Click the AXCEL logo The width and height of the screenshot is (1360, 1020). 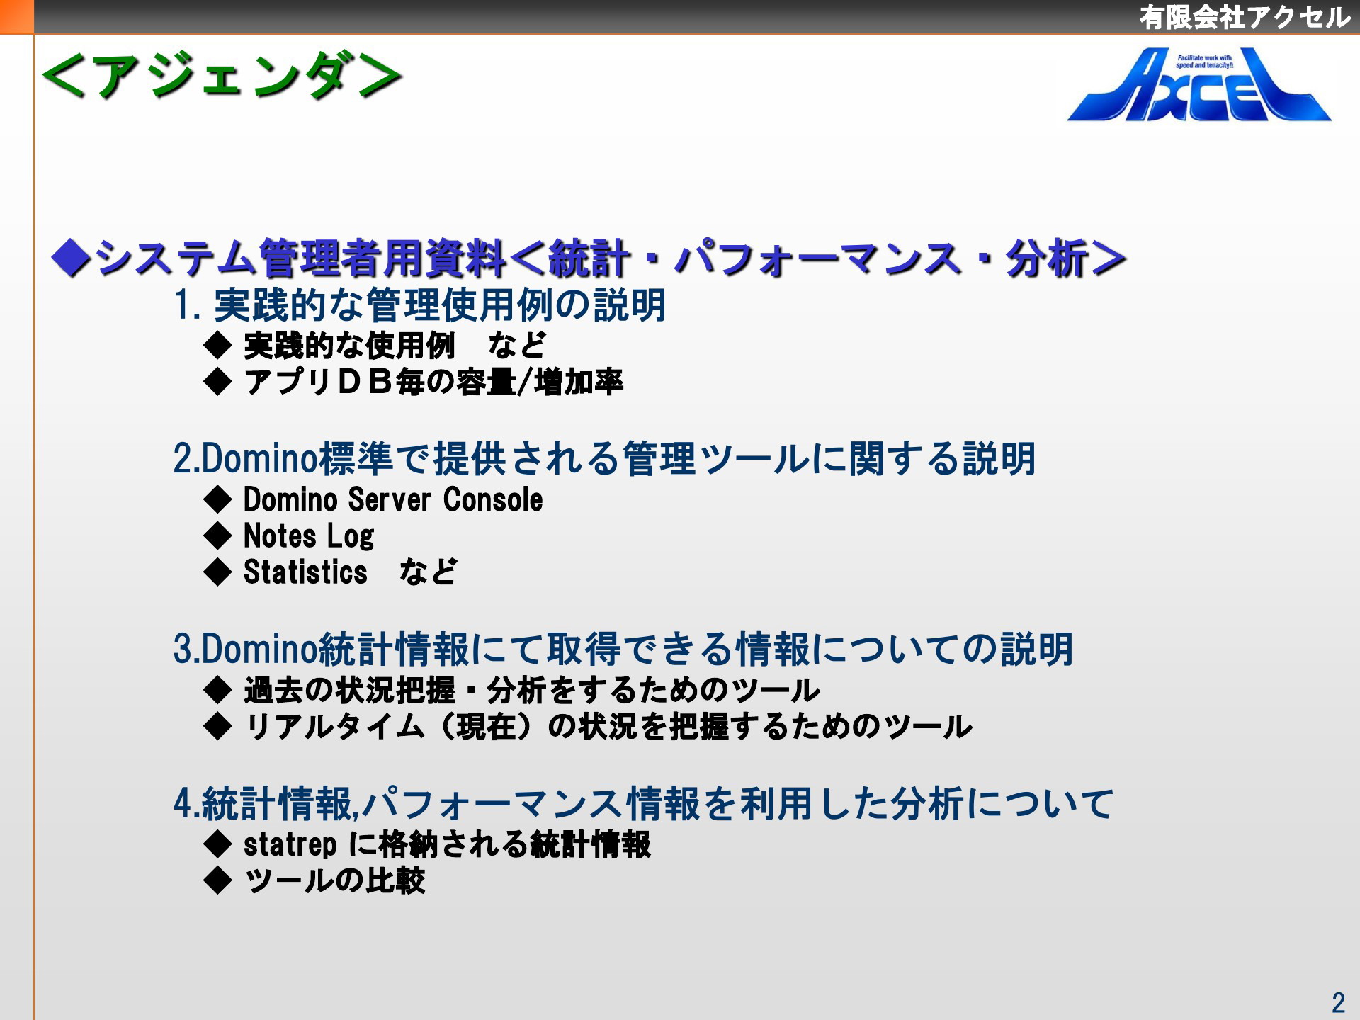pos(1199,85)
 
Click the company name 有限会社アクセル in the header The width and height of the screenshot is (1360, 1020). pos(1245,17)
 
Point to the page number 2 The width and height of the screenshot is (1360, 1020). pos(1338,1002)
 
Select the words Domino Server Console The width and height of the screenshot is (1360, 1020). pos(393,499)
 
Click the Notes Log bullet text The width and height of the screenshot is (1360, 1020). pos(309,536)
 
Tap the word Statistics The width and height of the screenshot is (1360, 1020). pos(305,572)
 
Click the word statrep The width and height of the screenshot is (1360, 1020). pos(290,844)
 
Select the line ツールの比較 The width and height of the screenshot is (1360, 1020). pos(334,880)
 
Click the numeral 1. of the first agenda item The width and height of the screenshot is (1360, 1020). pos(188,305)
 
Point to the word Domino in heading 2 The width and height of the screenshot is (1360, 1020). pos(259,458)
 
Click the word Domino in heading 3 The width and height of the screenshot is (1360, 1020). pos(259,649)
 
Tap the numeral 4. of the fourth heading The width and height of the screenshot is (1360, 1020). pos(187,803)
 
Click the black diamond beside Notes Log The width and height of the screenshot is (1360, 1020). pos(217,536)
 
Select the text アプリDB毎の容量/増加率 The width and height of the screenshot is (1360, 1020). pos(433,382)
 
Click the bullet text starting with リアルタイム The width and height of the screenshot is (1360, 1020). pos(608,726)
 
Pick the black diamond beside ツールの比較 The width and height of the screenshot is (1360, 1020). pos(217,880)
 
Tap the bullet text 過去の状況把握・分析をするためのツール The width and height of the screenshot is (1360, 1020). pos(532,690)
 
